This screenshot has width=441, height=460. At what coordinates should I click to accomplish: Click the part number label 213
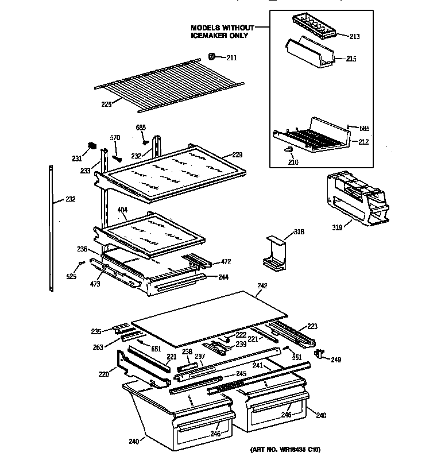(x=354, y=37)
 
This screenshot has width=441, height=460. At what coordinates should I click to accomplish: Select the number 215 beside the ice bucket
(x=351, y=59)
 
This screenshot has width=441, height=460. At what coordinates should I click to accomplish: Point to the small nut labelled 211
(x=211, y=56)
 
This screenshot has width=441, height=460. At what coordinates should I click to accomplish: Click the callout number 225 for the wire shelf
(x=106, y=104)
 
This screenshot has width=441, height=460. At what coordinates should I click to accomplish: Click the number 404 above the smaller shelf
(x=122, y=211)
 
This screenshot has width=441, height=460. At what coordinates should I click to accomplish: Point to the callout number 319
(x=337, y=227)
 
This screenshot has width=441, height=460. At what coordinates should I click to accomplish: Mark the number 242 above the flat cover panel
(x=262, y=285)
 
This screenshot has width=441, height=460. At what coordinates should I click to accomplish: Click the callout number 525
(x=71, y=276)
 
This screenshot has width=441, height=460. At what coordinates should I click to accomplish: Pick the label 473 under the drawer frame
(x=95, y=283)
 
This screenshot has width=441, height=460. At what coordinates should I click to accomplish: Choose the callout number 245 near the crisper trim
(x=241, y=374)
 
